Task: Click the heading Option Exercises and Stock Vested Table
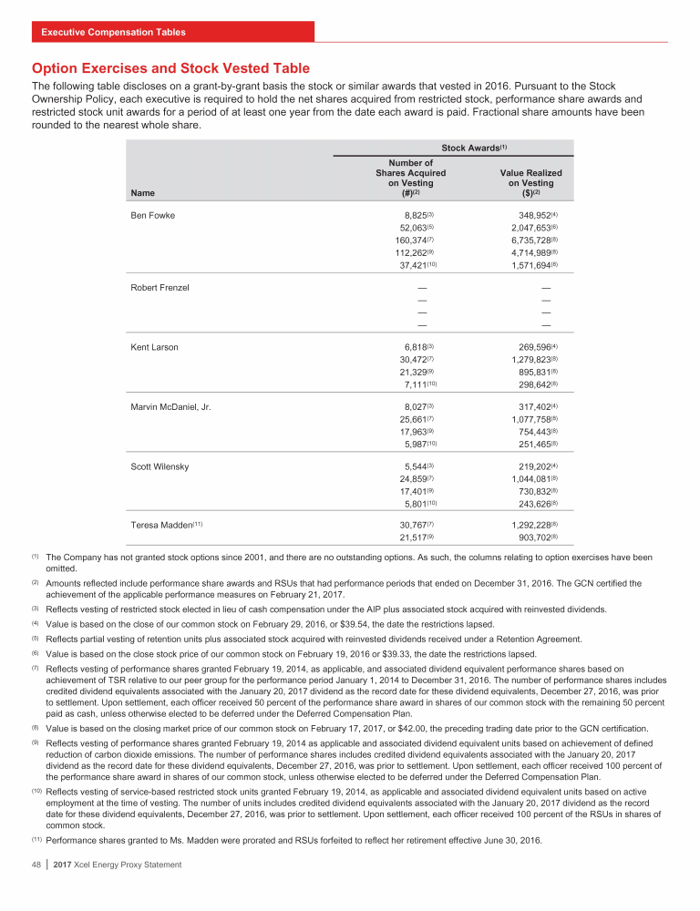point(170,68)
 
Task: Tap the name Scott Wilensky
point(160,466)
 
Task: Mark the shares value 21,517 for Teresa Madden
point(422,538)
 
